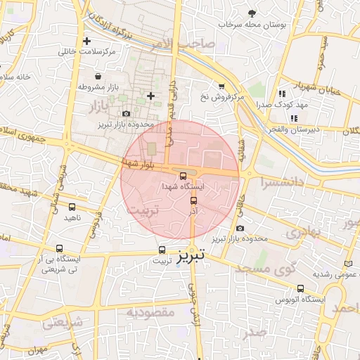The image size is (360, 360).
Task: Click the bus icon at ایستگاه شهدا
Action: coord(183,176)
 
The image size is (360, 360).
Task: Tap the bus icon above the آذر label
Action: coord(194,200)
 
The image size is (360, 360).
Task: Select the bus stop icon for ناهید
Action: coord(72,207)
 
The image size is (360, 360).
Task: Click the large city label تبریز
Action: coord(193,255)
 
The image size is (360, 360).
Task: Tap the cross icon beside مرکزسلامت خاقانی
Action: coord(86,41)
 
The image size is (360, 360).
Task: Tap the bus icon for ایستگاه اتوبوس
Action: coord(301,288)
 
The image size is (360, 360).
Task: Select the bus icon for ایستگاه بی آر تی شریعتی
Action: coord(59,249)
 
